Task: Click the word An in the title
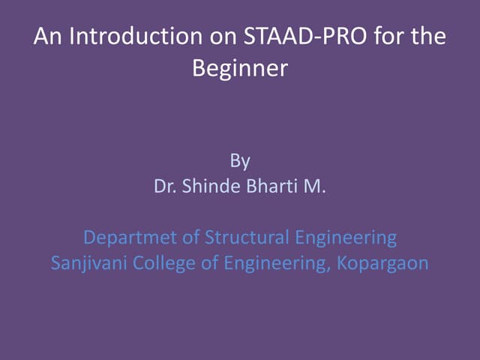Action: (46, 37)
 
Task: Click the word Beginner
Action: (240, 69)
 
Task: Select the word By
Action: (240, 160)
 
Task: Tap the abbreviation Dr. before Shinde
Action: (166, 186)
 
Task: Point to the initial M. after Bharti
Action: (315, 186)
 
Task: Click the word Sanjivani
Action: (86, 264)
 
